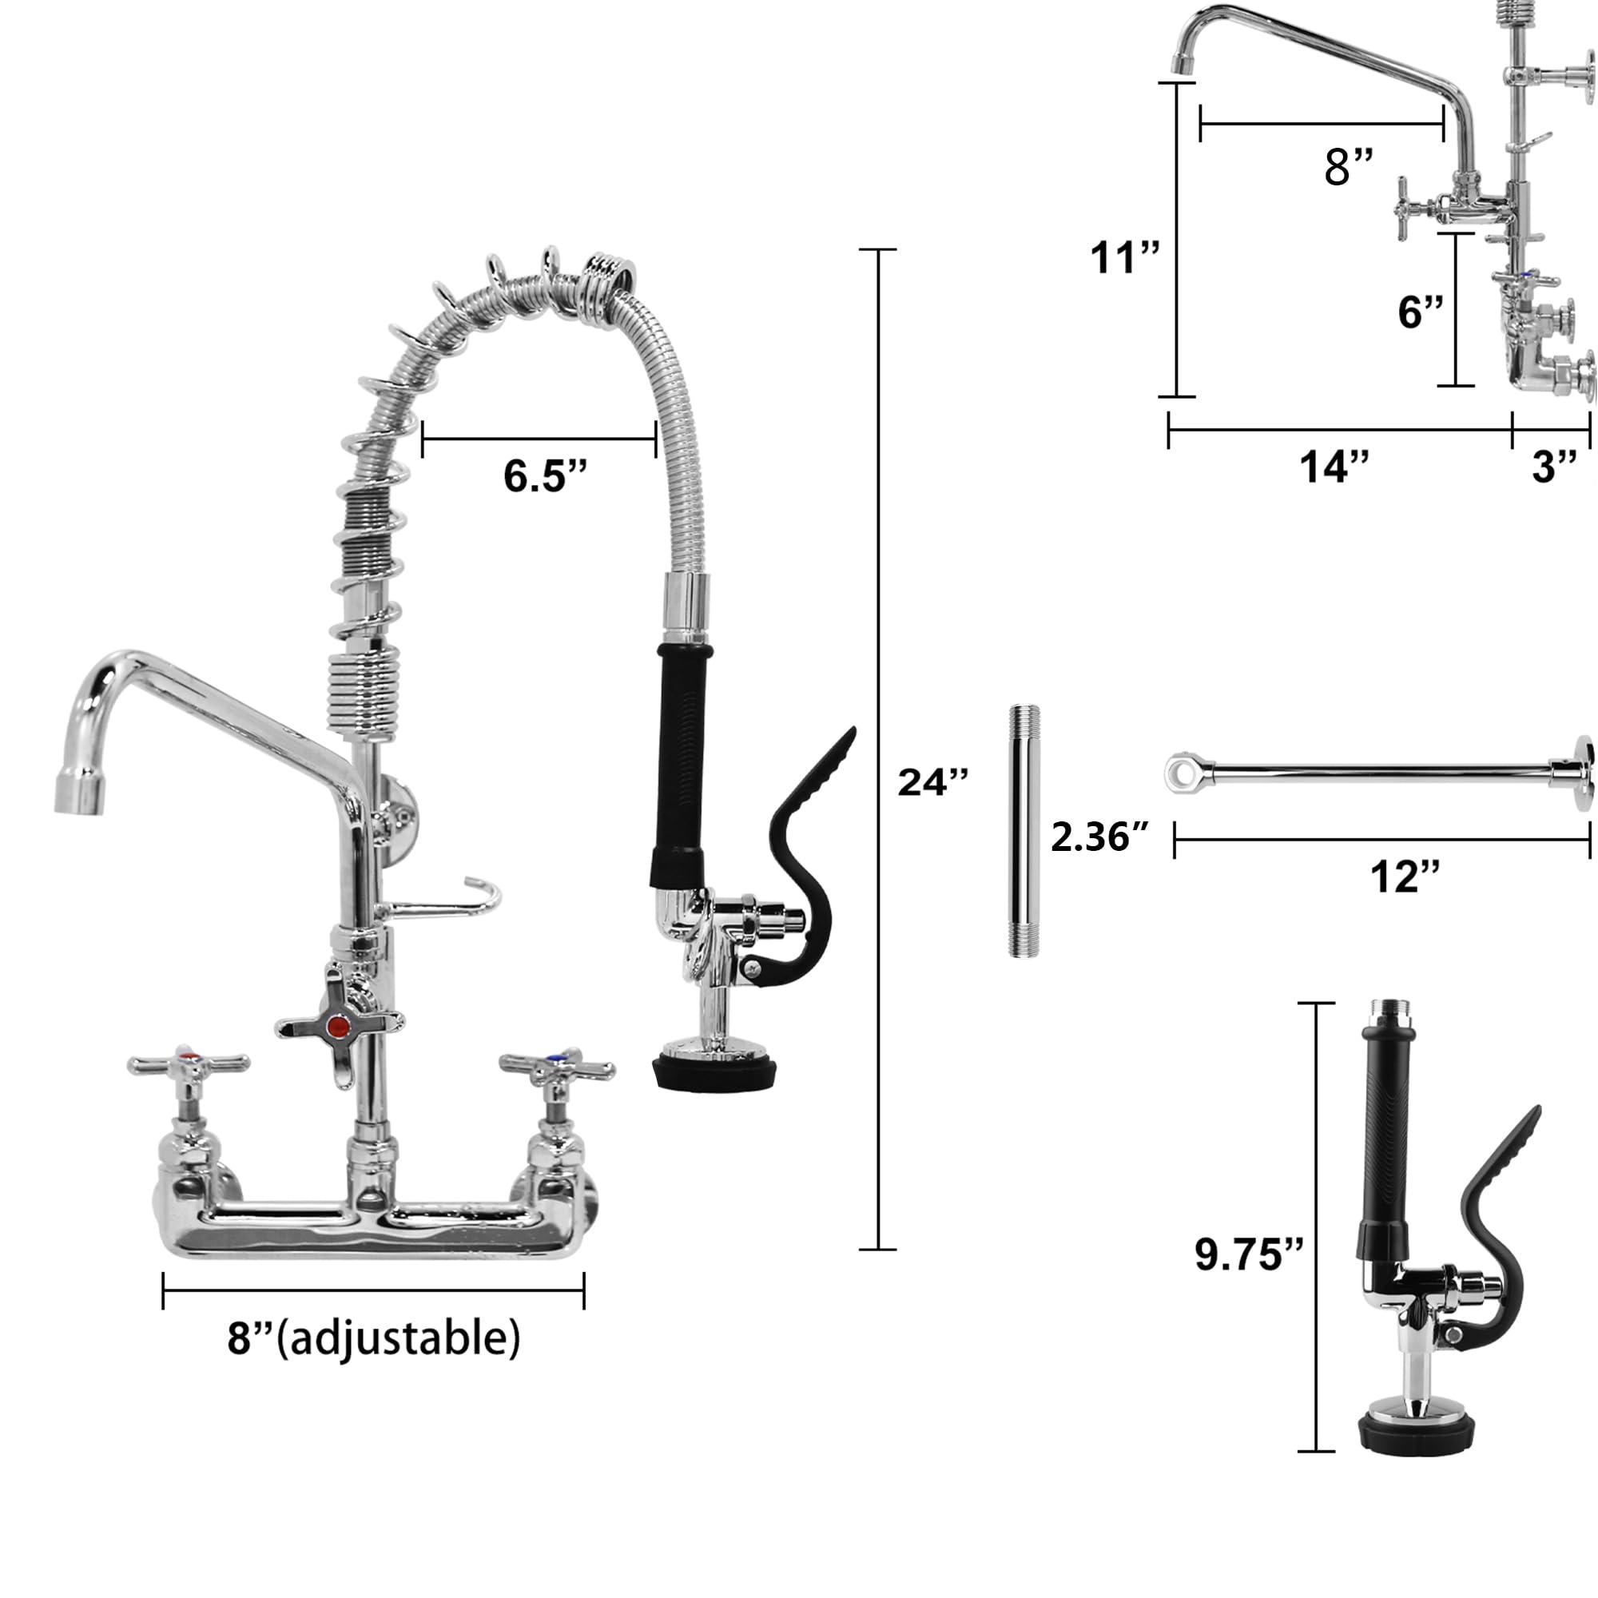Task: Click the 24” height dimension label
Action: (x=933, y=782)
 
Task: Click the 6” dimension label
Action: (x=1421, y=312)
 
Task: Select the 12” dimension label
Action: (x=1405, y=876)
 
